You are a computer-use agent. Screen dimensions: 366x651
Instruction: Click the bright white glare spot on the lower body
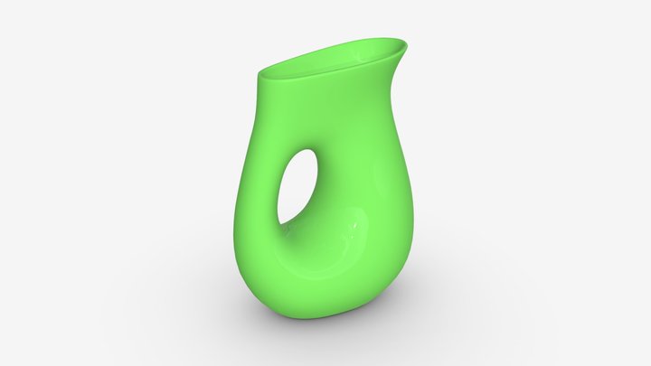click(x=354, y=222)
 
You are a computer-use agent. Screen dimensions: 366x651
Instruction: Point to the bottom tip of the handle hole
click(x=281, y=222)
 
